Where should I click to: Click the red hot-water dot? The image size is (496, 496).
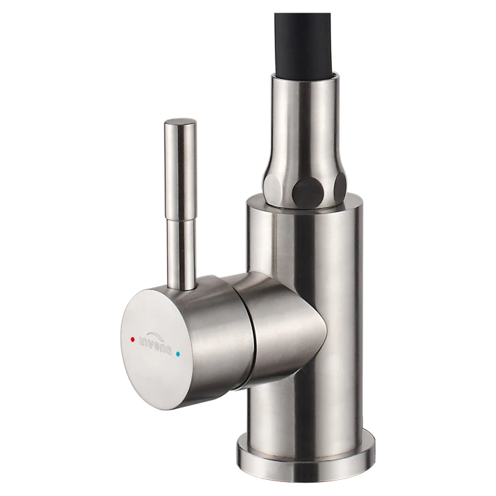coord(133,339)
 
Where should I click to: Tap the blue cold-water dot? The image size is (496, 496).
coord(179,354)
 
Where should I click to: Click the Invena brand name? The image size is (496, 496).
coord(156,345)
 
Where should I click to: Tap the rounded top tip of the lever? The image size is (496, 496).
coord(180,122)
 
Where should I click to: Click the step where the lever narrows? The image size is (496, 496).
coord(180,221)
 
